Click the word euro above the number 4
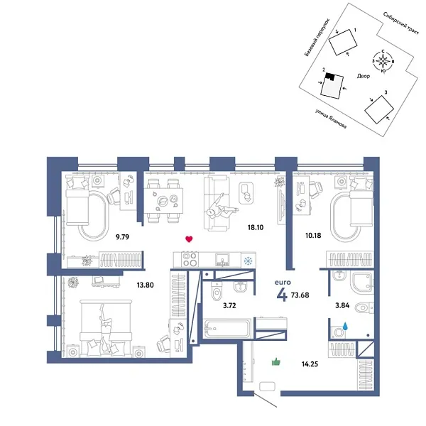pos(283,282)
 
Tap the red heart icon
pos(188,240)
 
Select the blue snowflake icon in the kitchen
pos(248,261)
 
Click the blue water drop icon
pos(345,326)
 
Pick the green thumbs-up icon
pos(276,362)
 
